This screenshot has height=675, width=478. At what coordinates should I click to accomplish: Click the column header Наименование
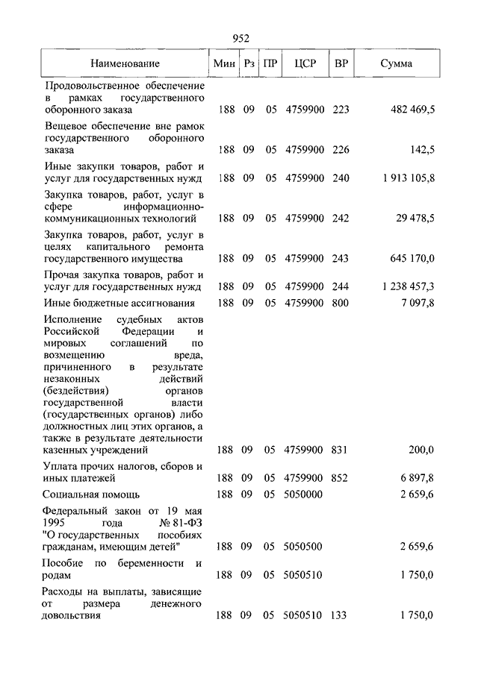point(125,64)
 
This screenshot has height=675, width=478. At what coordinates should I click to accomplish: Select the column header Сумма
point(396,64)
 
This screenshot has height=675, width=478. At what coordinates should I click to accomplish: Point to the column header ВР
point(341,64)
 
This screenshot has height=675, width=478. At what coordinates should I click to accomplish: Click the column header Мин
point(224,64)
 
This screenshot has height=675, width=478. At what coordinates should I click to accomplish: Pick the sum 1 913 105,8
point(407,178)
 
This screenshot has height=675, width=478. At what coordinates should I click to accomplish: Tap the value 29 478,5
point(415,219)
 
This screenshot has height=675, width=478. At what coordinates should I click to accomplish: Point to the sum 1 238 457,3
point(407,286)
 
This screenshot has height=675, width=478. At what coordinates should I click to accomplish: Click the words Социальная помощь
point(92,494)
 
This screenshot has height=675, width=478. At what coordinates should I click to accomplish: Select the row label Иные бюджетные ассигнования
point(119,303)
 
